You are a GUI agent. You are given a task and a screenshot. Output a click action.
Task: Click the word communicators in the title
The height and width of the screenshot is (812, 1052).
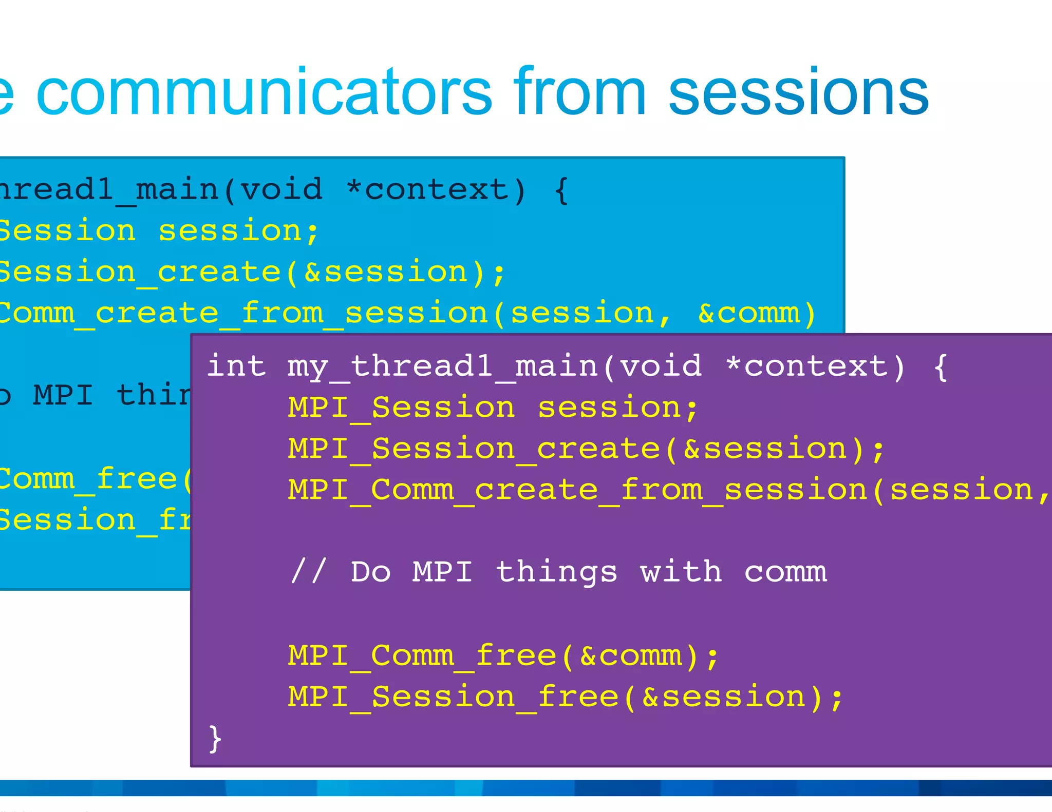coord(265,92)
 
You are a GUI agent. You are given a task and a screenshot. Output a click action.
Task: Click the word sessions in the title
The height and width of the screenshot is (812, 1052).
coord(799,92)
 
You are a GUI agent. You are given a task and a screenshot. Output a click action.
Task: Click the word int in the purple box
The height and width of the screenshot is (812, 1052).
coord(236,365)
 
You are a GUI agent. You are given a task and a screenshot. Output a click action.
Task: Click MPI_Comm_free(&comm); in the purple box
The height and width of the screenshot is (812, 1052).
coord(503,656)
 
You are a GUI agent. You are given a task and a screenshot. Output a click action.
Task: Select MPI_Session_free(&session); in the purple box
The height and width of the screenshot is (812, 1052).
coord(565,698)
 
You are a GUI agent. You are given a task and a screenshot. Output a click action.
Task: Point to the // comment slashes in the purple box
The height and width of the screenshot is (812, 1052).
coord(308,571)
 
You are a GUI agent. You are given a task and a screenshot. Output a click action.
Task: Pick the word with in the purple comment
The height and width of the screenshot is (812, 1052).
coord(681,571)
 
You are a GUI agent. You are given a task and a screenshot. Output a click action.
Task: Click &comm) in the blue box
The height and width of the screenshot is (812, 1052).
coord(757,313)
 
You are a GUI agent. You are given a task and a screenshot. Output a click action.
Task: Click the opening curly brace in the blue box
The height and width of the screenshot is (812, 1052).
coord(561,190)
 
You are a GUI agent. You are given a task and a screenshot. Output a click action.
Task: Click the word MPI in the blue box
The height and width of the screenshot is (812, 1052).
coord(63,395)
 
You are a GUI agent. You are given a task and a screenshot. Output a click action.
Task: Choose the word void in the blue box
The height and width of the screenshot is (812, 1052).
coord(281,189)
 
